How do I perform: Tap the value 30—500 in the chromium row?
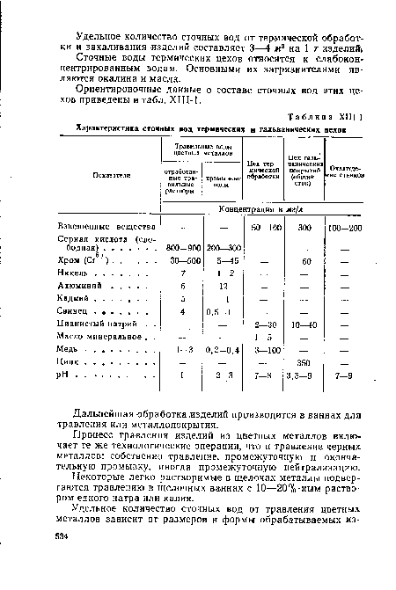pyautogui.click(x=184, y=260)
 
